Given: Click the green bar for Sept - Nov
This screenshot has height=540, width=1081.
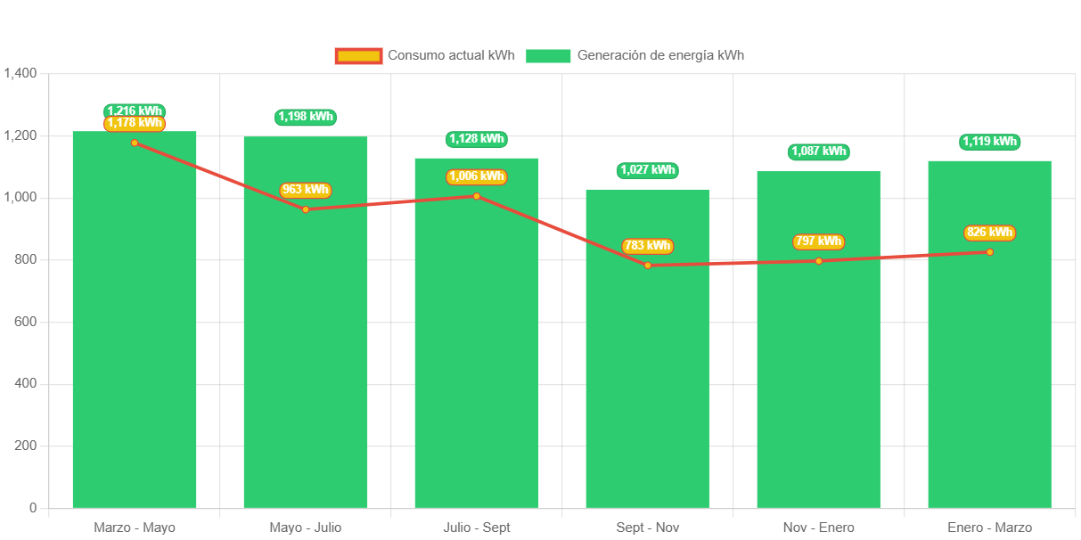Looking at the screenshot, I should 647,356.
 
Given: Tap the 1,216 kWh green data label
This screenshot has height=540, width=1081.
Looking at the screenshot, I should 135,110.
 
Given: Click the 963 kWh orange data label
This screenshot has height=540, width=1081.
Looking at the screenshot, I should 305,190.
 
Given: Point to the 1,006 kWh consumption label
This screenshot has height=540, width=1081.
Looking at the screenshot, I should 476,176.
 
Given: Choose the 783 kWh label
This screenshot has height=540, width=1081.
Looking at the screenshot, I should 647,246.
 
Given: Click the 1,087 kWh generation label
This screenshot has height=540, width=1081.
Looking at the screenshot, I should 818,151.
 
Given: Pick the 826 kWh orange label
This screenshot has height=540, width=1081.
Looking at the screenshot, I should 989,233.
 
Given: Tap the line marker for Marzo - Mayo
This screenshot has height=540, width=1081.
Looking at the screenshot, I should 135,143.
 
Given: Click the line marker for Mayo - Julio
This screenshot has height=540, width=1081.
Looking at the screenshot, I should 306,209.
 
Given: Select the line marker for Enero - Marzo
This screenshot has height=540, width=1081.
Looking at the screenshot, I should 989,252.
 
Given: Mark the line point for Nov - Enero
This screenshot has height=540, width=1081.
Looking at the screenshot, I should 818,261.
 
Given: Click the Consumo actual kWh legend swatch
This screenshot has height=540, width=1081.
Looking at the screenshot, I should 358,55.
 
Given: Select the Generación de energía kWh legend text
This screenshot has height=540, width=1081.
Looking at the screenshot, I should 660,55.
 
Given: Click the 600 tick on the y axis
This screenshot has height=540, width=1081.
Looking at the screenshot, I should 25,321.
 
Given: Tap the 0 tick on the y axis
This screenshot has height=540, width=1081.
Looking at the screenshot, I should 32,507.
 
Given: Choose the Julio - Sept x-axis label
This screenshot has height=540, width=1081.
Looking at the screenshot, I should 476,528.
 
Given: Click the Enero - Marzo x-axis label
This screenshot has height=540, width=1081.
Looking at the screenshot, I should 989,528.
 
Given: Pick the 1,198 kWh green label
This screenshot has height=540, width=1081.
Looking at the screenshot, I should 306,117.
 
